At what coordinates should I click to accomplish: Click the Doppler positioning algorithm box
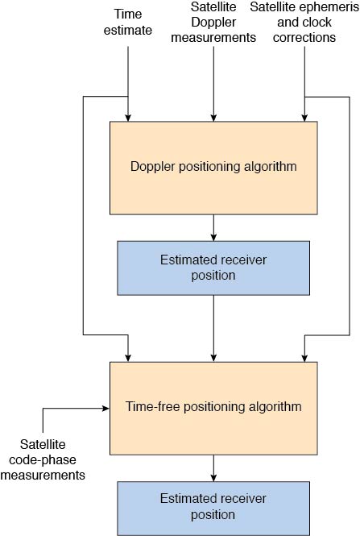click(x=213, y=168)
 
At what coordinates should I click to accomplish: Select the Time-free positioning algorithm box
click(x=213, y=408)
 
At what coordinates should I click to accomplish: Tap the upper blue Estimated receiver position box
click(x=213, y=268)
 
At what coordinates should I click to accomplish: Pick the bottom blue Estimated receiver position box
click(x=213, y=509)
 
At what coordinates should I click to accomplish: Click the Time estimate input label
click(x=128, y=22)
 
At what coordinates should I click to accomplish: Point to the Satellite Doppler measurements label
click(x=213, y=22)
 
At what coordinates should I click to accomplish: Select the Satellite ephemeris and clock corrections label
click(x=304, y=22)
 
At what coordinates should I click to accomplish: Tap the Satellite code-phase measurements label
click(x=43, y=459)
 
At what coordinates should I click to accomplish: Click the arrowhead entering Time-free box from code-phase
click(x=106, y=408)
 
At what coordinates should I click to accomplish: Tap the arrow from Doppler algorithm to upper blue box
click(x=213, y=227)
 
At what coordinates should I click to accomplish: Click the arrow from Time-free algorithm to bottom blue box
click(x=213, y=468)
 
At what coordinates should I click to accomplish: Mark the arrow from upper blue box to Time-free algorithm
click(x=213, y=329)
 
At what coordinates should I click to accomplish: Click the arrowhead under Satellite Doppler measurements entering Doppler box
click(x=213, y=118)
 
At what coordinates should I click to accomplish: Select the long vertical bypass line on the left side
click(x=83, y=216)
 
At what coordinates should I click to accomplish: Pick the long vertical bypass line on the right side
click(x=350, y=216)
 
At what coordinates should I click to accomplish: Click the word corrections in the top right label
click(x=304, y=37)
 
